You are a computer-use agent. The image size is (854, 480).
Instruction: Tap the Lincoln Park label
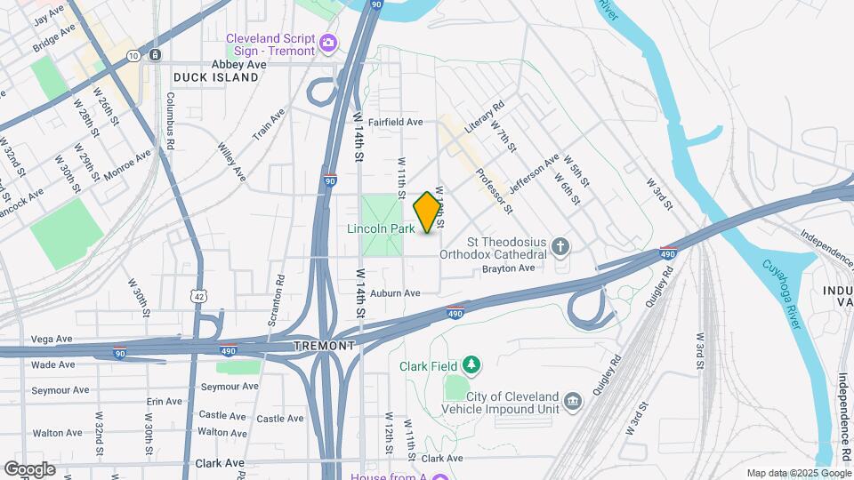[381, 229]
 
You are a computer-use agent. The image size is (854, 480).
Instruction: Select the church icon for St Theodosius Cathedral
[560, 245]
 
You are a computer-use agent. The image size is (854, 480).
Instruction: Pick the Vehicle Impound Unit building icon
[574, 402]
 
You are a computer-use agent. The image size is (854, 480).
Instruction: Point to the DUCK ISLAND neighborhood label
[216, 77]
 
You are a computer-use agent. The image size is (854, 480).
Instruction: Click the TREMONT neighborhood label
[325, 345]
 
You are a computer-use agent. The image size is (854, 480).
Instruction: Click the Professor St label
[494, 192]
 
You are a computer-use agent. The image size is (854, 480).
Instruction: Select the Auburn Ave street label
[395, 292]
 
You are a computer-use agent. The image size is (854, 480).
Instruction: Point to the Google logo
[29, 468]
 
